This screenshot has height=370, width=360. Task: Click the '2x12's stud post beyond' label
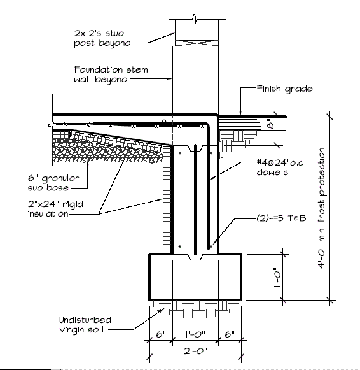102,38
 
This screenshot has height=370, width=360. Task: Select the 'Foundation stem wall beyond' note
111,75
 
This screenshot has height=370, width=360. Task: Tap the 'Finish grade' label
284,89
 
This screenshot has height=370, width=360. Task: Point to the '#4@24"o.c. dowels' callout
281,167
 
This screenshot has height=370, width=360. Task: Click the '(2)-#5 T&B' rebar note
281,218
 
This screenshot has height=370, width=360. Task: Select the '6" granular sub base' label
53,183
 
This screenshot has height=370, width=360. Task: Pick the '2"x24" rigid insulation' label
55,209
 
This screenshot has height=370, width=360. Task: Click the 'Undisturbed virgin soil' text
85,325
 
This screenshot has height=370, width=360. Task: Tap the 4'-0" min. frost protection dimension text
322,208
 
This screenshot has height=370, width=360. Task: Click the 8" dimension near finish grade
271,124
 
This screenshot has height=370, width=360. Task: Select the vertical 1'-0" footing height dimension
277,277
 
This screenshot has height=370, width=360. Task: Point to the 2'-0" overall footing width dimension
195,351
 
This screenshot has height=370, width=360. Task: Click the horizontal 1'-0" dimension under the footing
195,334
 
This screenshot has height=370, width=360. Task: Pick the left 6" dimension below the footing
161,334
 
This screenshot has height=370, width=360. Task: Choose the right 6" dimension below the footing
230,334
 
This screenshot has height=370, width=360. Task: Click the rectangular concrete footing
195,277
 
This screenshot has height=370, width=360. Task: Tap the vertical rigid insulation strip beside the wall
167,200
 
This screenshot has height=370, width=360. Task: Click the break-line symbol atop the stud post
195,19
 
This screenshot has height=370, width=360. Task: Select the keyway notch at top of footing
195,257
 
